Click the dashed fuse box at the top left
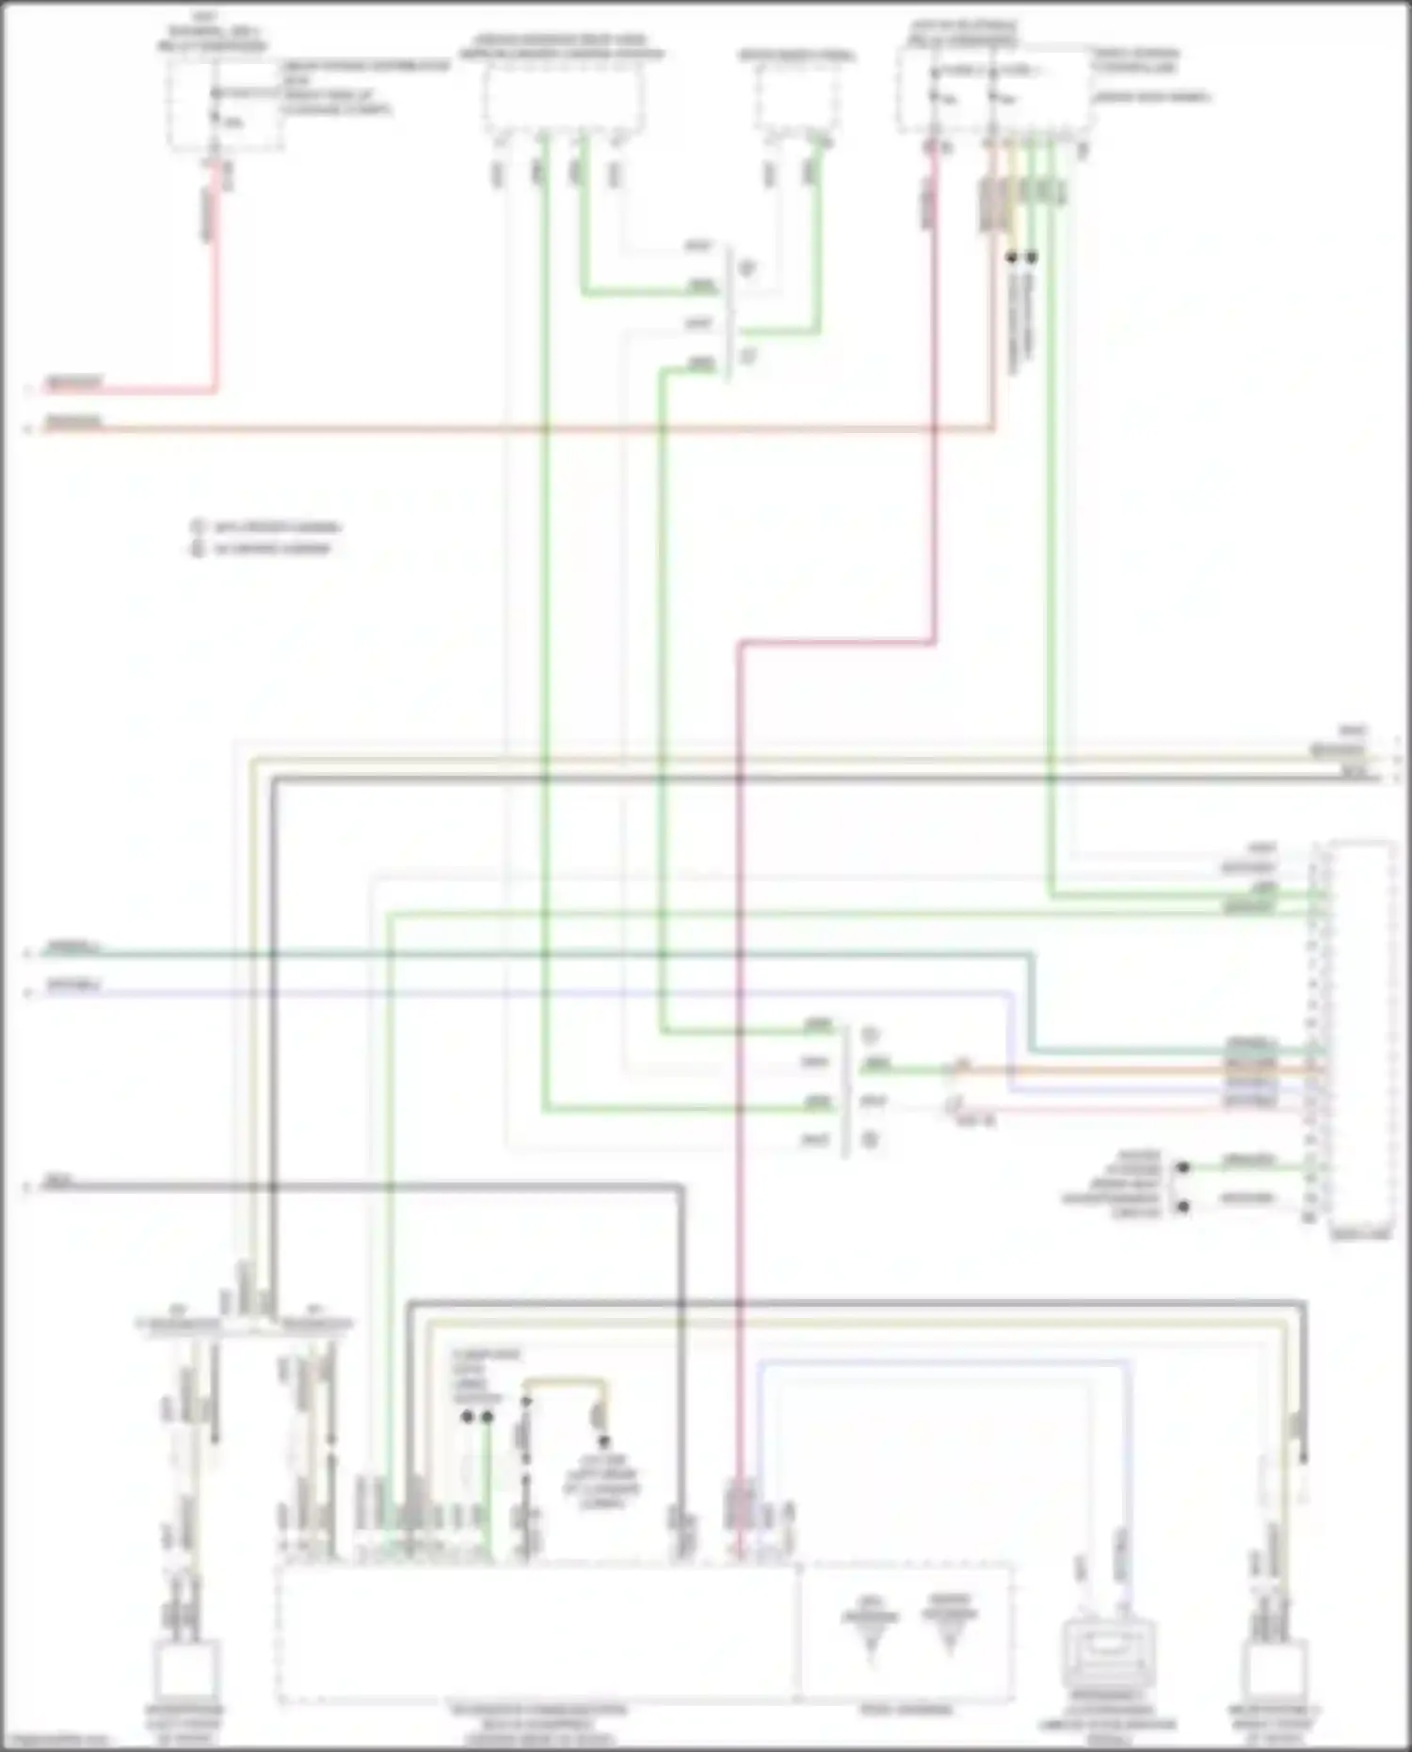[225, 105]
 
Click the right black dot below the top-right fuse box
[1033, 257]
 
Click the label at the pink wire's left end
[73, 383]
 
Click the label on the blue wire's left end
[73, 987]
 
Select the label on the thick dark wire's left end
[58, 1181]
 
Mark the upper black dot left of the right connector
[1183, 1167]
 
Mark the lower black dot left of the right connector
[1183, 1206]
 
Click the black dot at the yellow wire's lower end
[603, 1442]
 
